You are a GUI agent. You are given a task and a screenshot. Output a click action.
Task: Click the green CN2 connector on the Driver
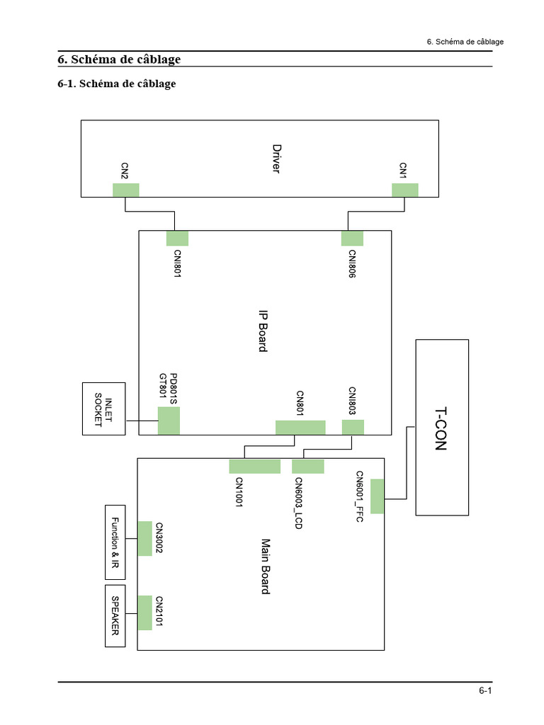coord(126,190)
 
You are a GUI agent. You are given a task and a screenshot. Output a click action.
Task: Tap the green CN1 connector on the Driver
coord(405,190)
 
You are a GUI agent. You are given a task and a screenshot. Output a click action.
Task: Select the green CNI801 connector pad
coord(177,238)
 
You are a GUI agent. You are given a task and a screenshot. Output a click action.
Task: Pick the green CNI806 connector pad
coord(352,238)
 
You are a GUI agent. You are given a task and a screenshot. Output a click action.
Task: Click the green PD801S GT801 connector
coord(169,421)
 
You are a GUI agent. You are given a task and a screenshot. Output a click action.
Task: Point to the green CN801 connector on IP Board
coord(300,427)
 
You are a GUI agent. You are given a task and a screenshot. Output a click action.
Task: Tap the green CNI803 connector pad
coord(353,427)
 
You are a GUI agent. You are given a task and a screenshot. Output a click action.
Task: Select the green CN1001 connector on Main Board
coord(255,466)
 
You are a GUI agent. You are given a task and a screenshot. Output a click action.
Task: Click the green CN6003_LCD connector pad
coord(307,466)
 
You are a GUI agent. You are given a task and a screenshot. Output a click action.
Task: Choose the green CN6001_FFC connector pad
coord(377,496)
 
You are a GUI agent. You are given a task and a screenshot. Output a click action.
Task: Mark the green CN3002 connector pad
coord(145,538)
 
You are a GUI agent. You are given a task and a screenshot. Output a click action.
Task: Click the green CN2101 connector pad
coord(145,612)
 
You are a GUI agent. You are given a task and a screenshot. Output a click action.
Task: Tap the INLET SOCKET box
coord(103,409)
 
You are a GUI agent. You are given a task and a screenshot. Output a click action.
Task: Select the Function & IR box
coord(115,542)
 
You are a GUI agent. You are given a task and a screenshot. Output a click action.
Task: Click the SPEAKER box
coord(115,616)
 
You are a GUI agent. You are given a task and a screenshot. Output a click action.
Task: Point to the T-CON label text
coord(441,428)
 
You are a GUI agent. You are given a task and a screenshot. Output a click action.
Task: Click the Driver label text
coord(277,159)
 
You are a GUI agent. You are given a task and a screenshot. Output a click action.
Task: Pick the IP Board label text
coord(263,331)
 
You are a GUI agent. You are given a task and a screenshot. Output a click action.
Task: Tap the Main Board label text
coord(266,566)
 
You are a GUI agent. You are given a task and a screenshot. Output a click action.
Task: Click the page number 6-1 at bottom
coord(485,690)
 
